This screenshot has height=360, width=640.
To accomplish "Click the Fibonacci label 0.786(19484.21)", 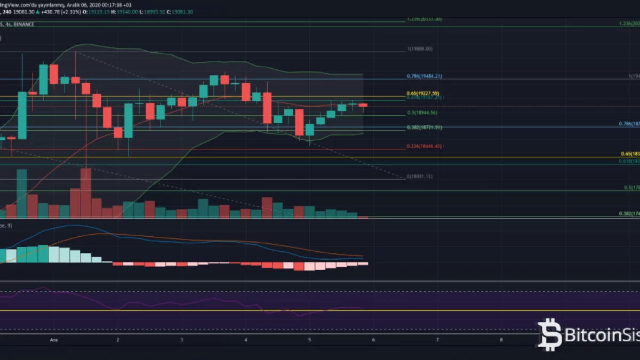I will coord(424,76).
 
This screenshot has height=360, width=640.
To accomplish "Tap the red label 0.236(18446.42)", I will coord(425,146).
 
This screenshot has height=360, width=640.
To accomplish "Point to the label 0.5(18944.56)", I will coord(422,113).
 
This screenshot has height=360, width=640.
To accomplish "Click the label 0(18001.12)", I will coord(419,177).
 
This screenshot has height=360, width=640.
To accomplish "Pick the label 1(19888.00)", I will coord(419,49).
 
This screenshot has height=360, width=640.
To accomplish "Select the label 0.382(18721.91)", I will coord(425,127).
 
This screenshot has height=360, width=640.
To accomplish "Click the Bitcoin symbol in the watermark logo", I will coord(549,334).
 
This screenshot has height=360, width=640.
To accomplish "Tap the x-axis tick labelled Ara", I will coord(53,339).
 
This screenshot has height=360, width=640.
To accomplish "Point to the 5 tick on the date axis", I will coord(309,339).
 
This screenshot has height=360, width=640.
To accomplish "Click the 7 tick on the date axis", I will coord(437,339).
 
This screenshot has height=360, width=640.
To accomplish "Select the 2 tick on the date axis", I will coord(117,339).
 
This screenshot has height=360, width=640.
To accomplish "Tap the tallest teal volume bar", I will coord(22,194).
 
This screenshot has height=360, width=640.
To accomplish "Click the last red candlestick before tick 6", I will coord(363,105).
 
